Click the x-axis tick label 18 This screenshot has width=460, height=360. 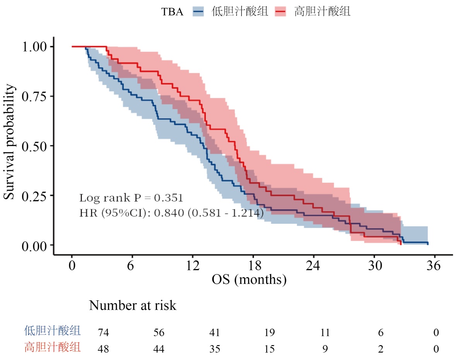[x=253, y=266]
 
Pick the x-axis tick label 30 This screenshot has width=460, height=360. [x=374, y=266]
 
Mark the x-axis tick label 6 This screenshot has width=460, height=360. [x=132, y=266]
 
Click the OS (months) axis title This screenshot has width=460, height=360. [x=249, y=279]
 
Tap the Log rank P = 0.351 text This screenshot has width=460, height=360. [x=131, y=198]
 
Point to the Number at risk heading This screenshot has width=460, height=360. [x=133, y=305]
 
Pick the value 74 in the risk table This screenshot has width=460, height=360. [x=104, y=333]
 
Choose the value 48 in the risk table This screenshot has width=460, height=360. [x=104, y=349]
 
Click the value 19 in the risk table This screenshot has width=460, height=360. [x=270, y=333]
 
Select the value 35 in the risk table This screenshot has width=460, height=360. [x=214, y=349]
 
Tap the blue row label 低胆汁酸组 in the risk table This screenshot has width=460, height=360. [x=53, y=331]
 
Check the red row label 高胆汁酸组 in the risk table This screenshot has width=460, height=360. [x=53, y=348]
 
